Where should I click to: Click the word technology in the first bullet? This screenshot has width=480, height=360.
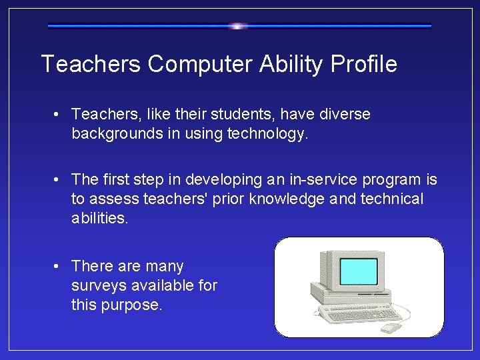(267, 134)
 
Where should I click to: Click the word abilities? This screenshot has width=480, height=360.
(99, 219)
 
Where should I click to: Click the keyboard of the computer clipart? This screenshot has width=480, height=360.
(360, 314)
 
